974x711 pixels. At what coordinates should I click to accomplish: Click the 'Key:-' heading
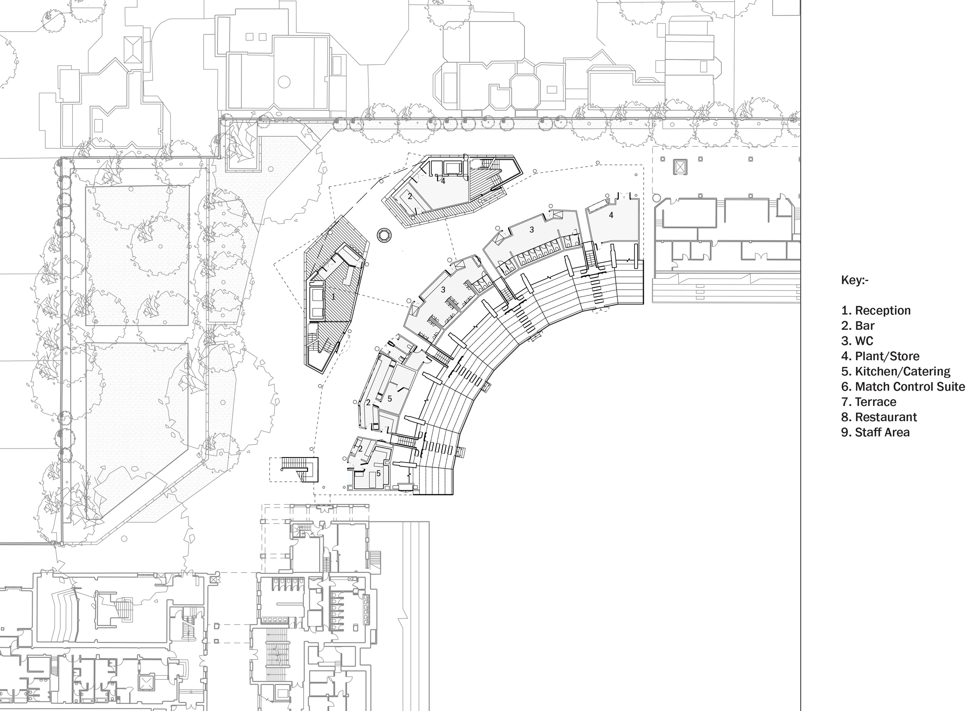855,280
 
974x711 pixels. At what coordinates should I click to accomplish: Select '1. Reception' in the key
876,310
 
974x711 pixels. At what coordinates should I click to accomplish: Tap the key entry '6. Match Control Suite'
903,387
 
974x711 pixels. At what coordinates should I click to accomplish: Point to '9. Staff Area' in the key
876,432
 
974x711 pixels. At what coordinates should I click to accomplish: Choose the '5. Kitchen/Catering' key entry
896,371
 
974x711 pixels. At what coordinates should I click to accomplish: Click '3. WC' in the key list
857,341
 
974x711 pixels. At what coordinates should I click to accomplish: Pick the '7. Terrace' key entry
869,401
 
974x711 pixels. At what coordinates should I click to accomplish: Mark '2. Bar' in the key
858,325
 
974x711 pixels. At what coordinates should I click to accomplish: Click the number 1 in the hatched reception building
333,296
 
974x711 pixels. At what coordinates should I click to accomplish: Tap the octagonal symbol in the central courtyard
384,235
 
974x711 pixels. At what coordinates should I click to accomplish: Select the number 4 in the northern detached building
443,181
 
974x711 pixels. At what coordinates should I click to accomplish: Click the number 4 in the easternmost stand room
611,215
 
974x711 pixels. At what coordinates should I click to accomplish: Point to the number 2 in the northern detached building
410,196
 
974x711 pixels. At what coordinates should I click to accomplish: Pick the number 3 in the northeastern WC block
532,230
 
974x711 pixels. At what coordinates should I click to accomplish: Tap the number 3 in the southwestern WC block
443,290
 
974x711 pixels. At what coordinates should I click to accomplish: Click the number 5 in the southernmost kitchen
379,474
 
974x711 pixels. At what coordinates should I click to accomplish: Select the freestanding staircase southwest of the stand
300,469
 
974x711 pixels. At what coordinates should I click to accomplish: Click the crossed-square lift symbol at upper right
680,167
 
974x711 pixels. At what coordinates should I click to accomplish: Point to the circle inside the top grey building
284,82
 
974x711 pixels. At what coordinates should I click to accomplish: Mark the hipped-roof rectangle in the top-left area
133,50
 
